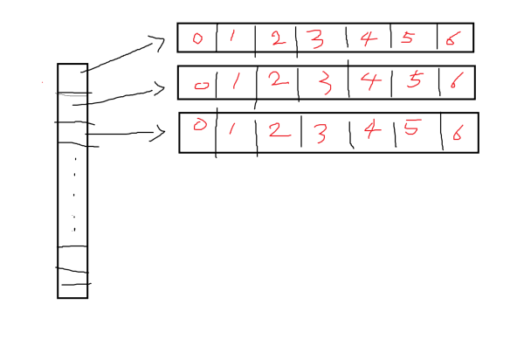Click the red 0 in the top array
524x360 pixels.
196,38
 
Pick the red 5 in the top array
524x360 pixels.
407,38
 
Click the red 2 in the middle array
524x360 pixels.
277,80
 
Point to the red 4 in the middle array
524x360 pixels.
370,81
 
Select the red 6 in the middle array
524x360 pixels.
454,82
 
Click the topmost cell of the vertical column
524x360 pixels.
72,78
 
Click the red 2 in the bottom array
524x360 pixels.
276,131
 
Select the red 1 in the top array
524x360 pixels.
232,38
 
